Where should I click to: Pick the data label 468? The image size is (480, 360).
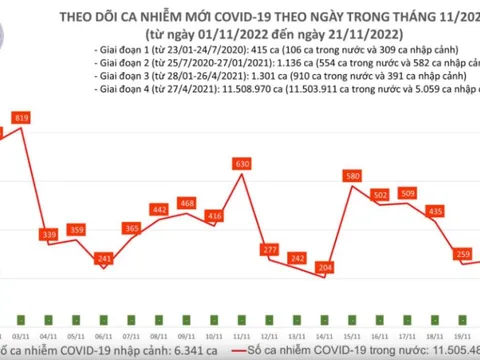(186, 204)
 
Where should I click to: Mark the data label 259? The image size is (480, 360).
(463, 255)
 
